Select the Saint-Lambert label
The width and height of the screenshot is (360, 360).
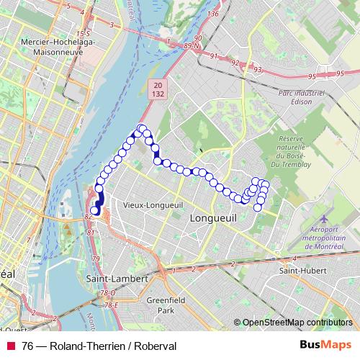(117, 278)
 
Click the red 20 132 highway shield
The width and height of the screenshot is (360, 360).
(158, 89)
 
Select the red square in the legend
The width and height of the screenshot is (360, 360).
(10, 346)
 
